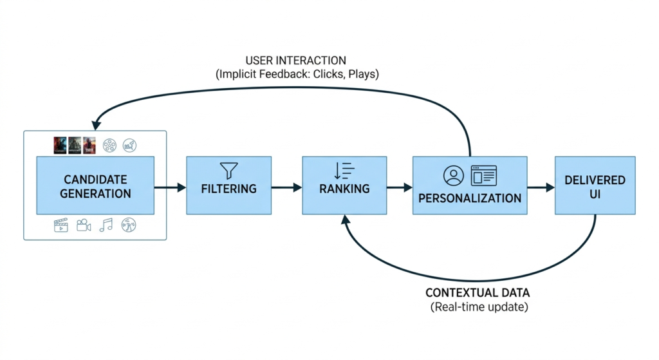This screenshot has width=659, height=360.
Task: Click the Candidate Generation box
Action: pyautogui.click(x=95, y=186)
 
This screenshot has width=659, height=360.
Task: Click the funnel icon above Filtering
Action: pyautogui.click(x=228, y=170)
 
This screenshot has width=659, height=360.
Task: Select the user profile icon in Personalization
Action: pyautogui.click(x=453, y=175)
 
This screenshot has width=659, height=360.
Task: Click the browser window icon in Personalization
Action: pyautogui.click(x=484, y=175)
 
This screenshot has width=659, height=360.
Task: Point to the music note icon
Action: pyautogui.click(x=106, y=225)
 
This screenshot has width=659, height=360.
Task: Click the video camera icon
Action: pyautogui.click(x=84, y=225)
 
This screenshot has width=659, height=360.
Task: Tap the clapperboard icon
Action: pyautogui.click(x=61, y=225)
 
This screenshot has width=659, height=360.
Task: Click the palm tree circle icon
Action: pyautogui.click(x=129, y=225)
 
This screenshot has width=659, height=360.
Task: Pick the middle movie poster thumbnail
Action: pyautogui.click(x=75, y=145)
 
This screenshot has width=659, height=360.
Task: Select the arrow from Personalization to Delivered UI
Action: pyautogui.click(x=541, y=187)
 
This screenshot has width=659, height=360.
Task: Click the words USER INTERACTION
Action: pyautogui.click(x=295, y=61)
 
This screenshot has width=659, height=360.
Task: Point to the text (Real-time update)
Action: pyautogui.click(x=479, y=307)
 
